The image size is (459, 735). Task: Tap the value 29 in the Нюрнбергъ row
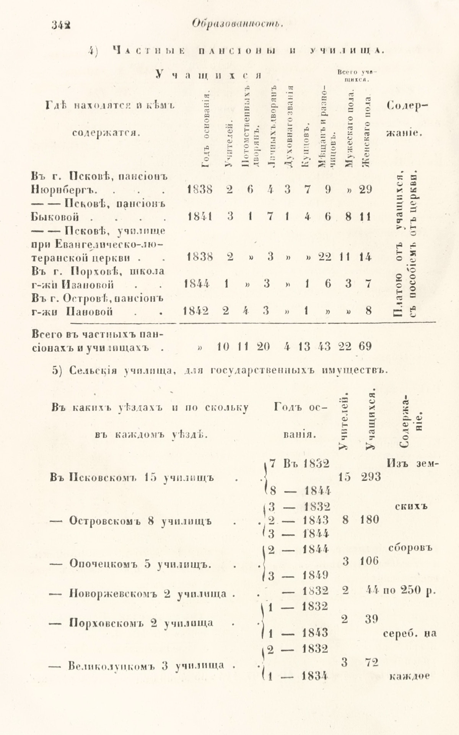pyautogui.click(x=365, y=189)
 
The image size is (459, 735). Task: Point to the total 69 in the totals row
pyautogui.click(x=365, y=346)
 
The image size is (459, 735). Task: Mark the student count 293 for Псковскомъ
pyautogui.click(x=371, y=477)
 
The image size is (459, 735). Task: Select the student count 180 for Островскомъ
pyautogui.click(x=369, y=520)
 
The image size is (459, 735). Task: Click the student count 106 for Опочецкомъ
pyautogui.click(x=370, y=561)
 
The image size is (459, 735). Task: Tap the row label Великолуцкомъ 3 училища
pyautogui.click(x=141, y=666)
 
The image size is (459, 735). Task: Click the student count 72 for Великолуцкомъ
pyautogui.click(x=370, y=662)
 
